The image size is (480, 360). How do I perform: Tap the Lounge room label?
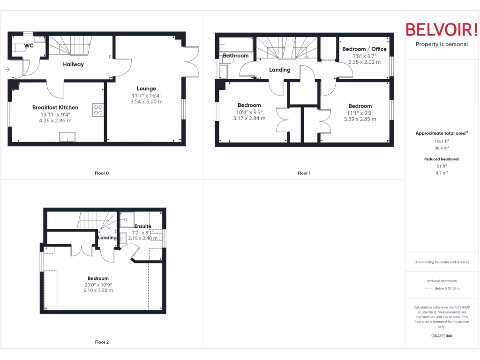coord(146,89)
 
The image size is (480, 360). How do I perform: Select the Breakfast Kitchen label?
coord(55,107)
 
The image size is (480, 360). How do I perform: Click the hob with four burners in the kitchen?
coord(98,110)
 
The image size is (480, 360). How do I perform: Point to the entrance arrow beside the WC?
coord(7,70)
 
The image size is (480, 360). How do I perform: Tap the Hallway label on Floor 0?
coord(74,64)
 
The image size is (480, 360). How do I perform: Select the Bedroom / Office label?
coord(364,49)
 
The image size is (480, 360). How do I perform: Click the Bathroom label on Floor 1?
coord(235,55)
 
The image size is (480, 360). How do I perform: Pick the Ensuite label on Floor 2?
coord(142,226)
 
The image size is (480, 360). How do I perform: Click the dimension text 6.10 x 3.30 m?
coord(98,290)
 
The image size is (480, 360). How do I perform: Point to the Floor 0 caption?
coord(102,173)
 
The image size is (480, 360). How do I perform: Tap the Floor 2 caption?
coord(102,342)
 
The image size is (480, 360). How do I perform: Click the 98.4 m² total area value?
coord(442,148)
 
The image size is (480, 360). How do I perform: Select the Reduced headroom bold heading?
coord(442,159)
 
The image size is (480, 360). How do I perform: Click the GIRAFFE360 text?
coord(442,336)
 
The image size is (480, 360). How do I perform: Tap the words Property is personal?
coord(442,44)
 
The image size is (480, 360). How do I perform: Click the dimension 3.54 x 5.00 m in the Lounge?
coord(146,101)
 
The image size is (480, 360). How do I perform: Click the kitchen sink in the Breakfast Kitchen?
coord(67,136)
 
